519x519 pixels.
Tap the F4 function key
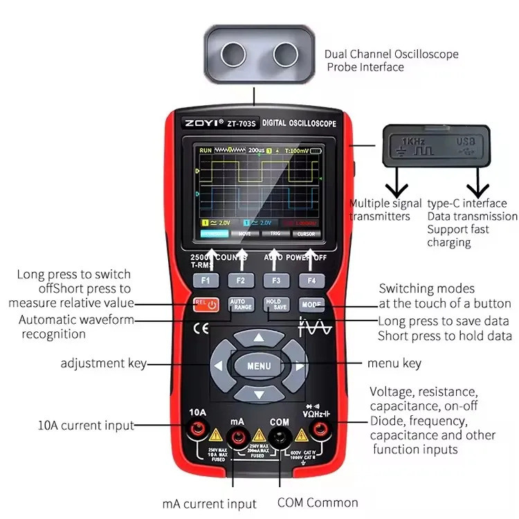(311, 280)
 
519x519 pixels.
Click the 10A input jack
(197, 434)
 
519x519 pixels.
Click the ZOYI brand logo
(201, 124)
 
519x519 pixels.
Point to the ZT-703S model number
(242, 124)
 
